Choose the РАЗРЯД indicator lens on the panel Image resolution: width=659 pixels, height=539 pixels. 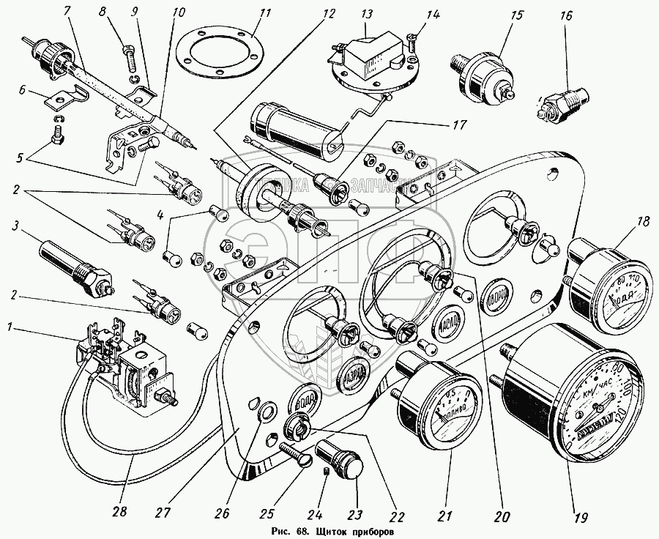[354, 372]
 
